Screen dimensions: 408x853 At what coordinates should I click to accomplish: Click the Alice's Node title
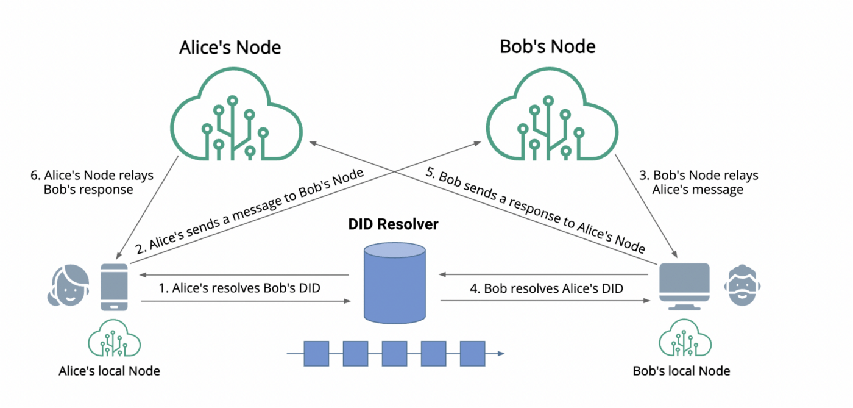(x=230, y=48)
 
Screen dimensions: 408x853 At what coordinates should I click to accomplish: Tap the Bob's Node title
(x=548, y=46)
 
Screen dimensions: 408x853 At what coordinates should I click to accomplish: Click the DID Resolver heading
(x=393, y=224)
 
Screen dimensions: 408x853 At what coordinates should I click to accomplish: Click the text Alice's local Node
(x=110, y=371)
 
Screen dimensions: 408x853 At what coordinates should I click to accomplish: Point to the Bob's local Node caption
(x=681, y=371)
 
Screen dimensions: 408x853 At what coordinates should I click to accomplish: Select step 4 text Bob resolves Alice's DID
(x=553, y=288)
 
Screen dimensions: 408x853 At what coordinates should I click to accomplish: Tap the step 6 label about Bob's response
(x=89, y=182)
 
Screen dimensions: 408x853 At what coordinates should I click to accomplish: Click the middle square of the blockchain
(x=394, y=354)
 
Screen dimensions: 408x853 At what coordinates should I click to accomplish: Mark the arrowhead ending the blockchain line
(x=500, y=354)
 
